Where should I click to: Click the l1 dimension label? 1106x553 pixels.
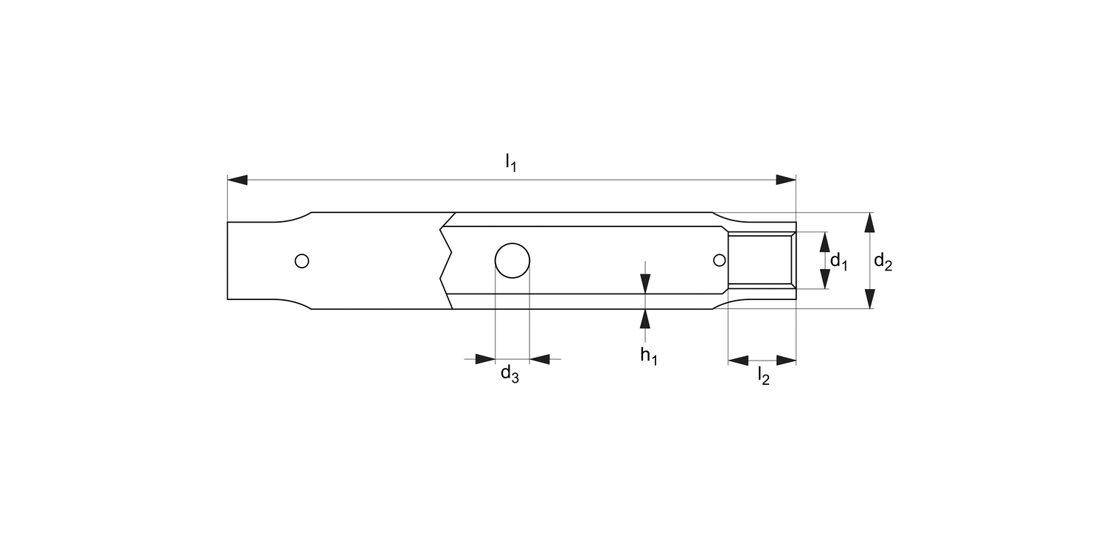point(510,162)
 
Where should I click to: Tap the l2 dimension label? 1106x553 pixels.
point(763,377)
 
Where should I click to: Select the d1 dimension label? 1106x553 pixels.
point(838,261)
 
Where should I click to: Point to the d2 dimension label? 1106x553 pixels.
point(883,261)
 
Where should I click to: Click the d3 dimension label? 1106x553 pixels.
point(509,375)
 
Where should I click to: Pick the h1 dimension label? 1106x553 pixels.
point(648,355)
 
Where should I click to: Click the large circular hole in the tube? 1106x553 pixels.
point(512,260)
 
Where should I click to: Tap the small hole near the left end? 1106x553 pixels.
point(301,260)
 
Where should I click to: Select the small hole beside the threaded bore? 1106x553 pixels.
point(719,260)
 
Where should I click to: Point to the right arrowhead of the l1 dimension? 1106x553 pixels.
point(786,180)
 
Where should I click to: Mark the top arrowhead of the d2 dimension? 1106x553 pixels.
point(870,222)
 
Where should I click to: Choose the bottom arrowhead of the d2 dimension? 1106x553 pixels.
point(870,299)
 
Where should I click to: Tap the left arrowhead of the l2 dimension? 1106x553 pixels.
point(738,360)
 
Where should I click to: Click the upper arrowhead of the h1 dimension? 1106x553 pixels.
point(645,283)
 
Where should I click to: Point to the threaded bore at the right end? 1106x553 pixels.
point(761,260)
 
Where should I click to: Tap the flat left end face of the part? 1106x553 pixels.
point(228,260)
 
